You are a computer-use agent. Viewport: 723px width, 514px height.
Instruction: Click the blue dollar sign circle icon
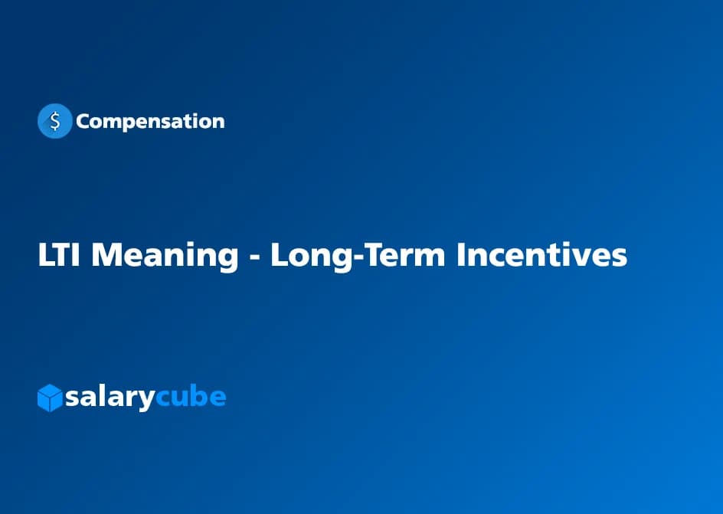click(x=54, y=121)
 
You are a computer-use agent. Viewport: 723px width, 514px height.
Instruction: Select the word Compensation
click(x=150, y=121)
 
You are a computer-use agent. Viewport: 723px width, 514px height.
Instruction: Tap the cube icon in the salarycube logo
click(x=50, y=398)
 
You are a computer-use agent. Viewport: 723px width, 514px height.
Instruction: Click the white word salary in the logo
click(x=110, y=398)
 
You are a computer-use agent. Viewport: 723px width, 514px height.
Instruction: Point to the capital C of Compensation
click(x=83, y=121)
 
